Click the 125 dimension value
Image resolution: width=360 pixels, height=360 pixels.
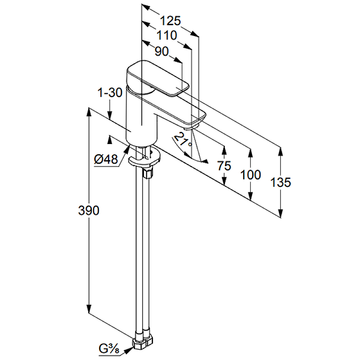pos(170,21)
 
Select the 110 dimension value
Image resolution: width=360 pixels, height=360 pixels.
pos(166,36)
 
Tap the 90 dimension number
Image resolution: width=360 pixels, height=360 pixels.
pos(162,51)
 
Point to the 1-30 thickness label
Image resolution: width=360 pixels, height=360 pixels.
pos(110,93)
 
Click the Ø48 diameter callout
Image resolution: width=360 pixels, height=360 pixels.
pos(106,159)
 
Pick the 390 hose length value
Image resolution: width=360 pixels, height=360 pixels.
pos(89,210)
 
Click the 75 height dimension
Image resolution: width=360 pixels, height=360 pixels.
pos(224,166)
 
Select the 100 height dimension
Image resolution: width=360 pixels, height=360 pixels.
pos(251,175)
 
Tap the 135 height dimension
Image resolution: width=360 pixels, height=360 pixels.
pos(280,182)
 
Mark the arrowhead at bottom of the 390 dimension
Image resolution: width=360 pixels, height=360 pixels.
pos(89,309)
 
